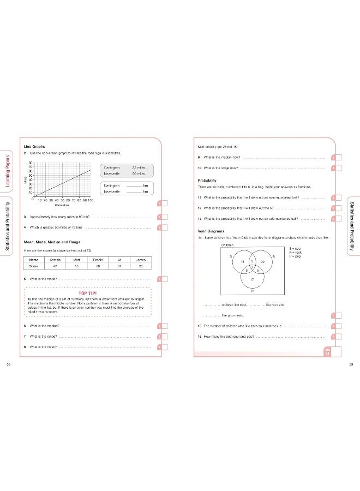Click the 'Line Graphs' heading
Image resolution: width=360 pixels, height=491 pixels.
[x=34, y=146]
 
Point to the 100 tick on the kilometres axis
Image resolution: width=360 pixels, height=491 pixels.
[x=91, y=201]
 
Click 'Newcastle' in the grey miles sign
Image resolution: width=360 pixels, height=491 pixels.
[x=112, y=173]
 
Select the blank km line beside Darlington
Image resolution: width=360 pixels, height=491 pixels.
[x=133, y=185]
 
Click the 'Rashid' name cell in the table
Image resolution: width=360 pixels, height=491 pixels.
[x=98, y=260]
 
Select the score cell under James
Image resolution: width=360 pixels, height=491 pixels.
[x=141, y=267]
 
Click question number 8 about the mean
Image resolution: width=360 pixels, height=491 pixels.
[x=26, y=346]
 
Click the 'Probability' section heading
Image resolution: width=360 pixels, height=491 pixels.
[x=208, y=180]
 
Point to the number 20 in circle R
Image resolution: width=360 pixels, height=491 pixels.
[x=262, y=262]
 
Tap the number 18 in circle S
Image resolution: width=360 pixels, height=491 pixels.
[x=242, y=262]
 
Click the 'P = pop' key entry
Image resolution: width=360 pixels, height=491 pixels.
[x=295, y=256]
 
